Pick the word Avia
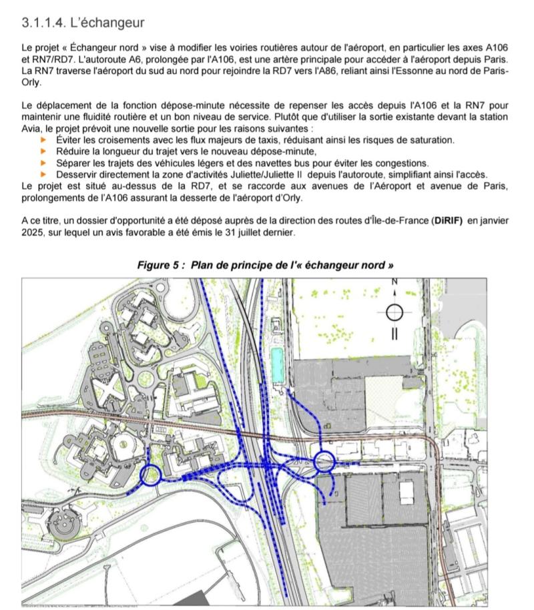(33, 128)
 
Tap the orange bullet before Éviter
(44, 140)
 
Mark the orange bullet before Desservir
(44, 174)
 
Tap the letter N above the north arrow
(394, 283)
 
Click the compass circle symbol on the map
(394, 311)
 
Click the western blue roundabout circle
(151, 475)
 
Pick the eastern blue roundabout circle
(324, 461)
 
